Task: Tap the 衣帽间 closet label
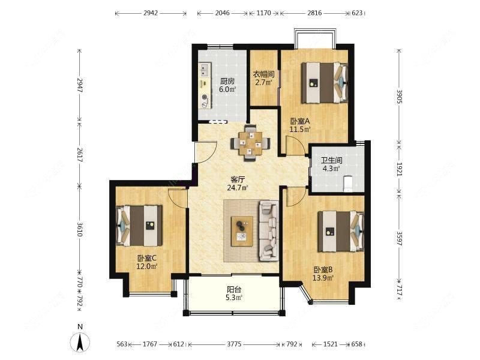pos(263,75)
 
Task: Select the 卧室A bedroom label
pos(299,121)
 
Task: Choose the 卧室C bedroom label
pos(146,259)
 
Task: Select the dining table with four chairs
pos(251,143)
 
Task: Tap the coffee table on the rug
pos(242,230)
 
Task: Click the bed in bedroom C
pos(139,224)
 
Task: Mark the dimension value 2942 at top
pos(151,12)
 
